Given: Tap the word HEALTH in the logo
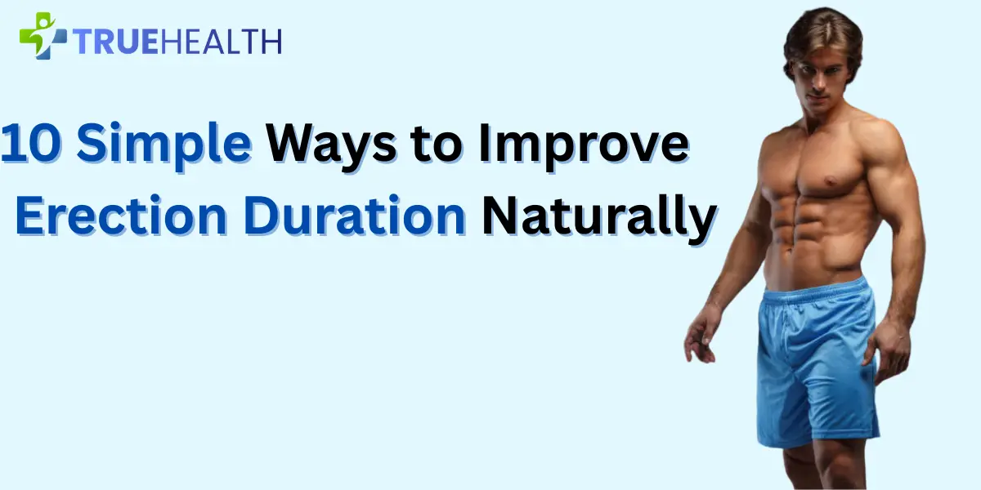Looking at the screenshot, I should (221, 41).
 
